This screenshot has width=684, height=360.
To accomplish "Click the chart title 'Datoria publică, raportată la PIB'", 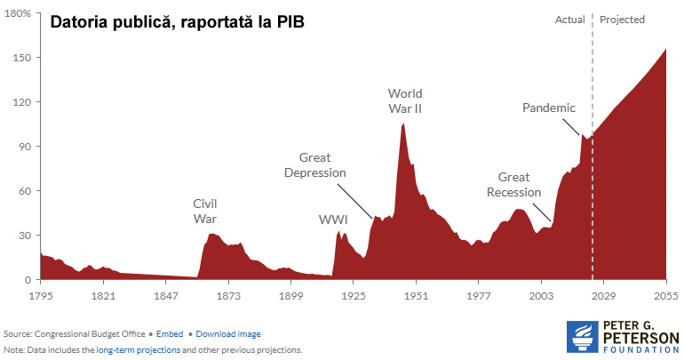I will [177, 22].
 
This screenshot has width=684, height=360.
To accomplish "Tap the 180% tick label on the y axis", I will [19, 14].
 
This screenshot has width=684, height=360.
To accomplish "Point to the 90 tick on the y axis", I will [23, 147].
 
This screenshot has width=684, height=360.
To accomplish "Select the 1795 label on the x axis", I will [41, 294].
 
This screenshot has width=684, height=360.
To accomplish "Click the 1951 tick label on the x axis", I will [416, 294].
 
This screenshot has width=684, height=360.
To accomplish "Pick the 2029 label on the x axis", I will [603, 294].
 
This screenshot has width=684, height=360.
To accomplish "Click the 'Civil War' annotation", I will [205, 211].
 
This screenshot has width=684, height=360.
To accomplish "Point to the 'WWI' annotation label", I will [333, 219].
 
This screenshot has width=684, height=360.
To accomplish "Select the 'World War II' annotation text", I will [405, 100].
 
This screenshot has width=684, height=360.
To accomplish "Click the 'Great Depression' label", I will [314, 165].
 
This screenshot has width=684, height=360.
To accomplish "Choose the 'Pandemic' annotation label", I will [549, 108].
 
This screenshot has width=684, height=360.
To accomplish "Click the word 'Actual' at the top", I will [570, 20].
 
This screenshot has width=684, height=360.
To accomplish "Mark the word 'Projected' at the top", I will [623, 20].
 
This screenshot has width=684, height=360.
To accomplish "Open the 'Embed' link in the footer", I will [170, 334].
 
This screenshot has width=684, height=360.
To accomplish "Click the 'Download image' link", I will [228, 334].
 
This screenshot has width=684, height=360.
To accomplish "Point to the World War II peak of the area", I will [403, 124].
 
